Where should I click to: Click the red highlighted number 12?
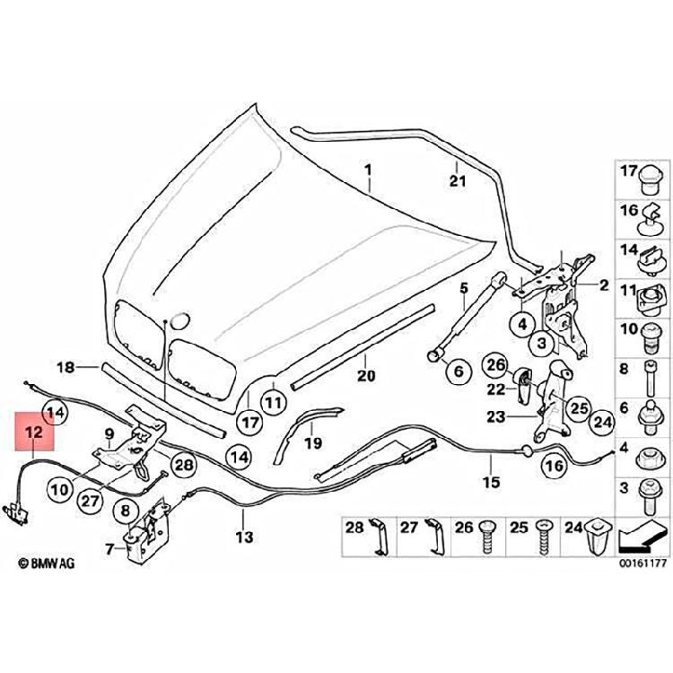pos(34,433)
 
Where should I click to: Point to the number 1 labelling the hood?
pos(366,168)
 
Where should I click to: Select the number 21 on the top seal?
pos(458,181)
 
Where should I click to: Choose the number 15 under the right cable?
pos(491,481)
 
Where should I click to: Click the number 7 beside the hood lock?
pos(109,547)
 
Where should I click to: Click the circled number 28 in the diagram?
pos(183,464)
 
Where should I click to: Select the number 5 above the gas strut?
pos(464,288)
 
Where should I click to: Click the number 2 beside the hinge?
pos(603,286)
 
